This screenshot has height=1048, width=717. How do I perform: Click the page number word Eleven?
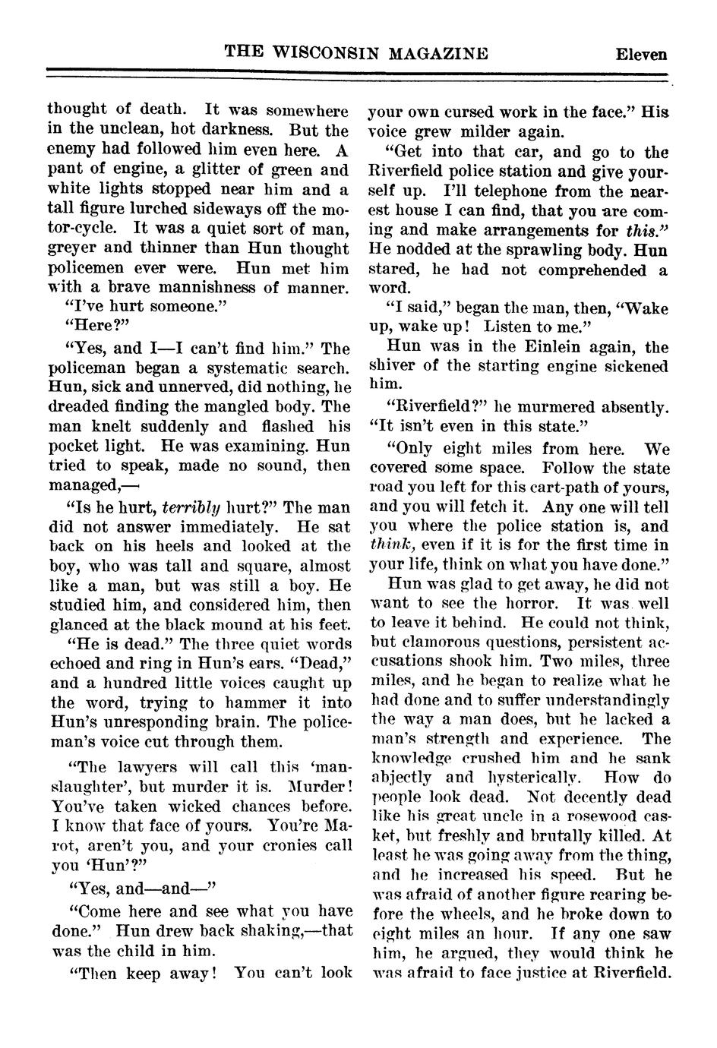pyautogui.click(x=641, y=54)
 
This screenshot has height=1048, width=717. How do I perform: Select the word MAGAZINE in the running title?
pyautogui.click(x=438, y=52)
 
